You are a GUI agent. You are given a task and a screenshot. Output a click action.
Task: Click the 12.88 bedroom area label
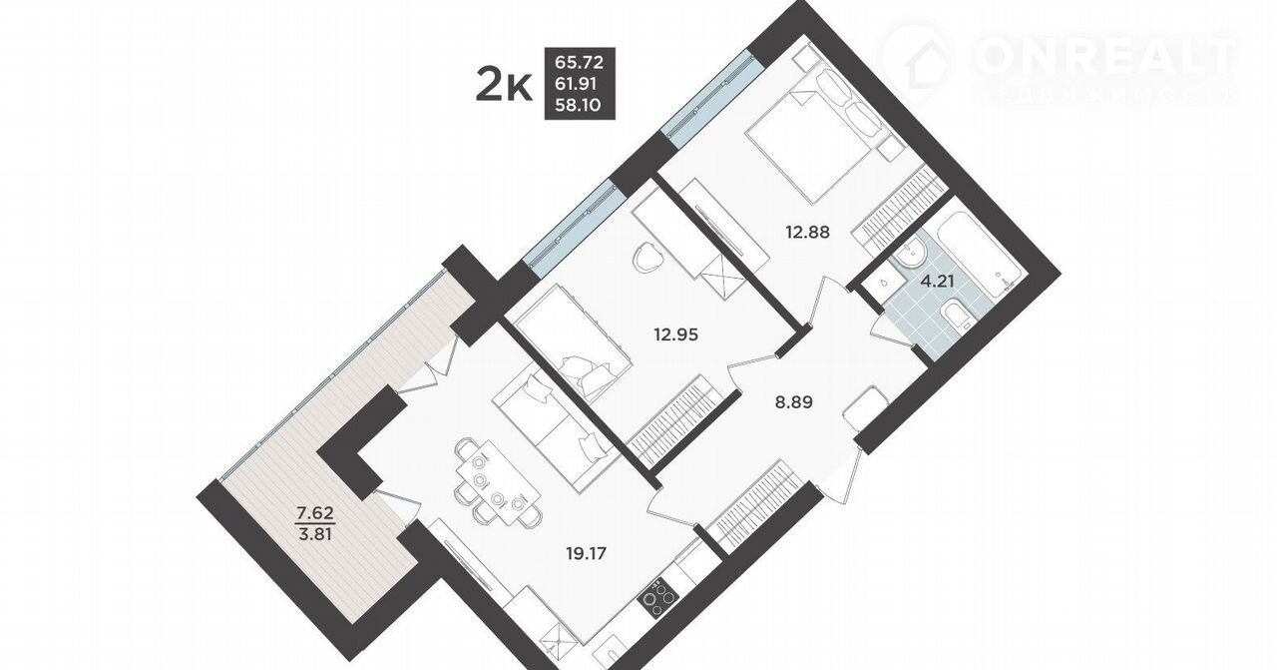(x=807, y=233)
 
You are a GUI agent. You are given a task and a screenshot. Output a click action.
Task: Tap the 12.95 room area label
(x=675, y=335)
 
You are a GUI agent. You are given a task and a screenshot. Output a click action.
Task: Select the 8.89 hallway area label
(x=793, y=402)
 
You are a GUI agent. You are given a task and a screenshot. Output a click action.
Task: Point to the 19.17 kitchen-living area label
(x=586, y=553)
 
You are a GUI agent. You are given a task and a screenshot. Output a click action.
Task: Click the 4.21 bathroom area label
(x=938, y=281)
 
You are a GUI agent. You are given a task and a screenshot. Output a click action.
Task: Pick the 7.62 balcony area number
(x=315, y=513)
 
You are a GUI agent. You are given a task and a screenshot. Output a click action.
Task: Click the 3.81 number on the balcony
(x=315, y=535)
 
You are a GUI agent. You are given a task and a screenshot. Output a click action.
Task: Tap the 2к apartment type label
(x=504, y=86)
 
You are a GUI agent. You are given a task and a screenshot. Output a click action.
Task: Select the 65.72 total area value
(x=580, y=62)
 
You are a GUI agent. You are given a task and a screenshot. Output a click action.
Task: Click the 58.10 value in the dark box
(x=580, y=105)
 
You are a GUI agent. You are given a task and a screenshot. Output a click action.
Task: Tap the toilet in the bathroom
(x=956, y=316)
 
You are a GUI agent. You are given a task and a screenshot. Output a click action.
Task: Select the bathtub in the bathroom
(x=983, y=254)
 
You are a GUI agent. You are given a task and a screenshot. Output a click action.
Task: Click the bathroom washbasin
(x=908, y=255)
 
